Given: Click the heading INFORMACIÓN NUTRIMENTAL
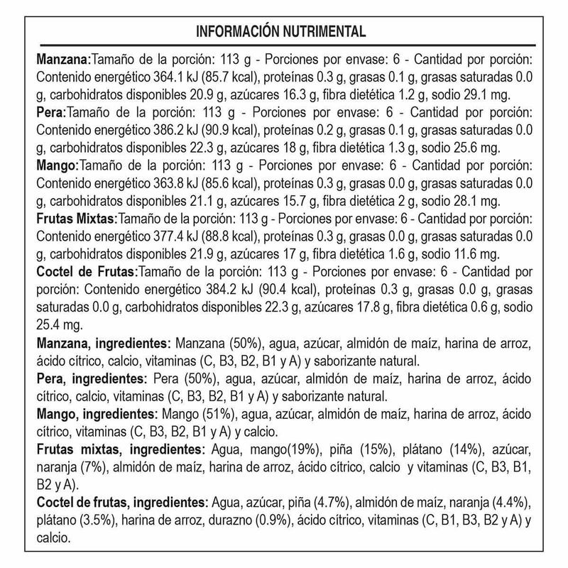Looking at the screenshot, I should (284, 31).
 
